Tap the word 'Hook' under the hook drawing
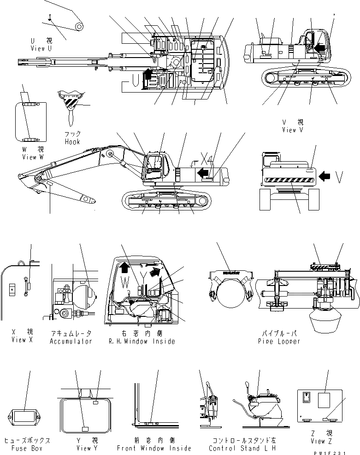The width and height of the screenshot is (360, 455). pyautogui.click(x=72, y=142)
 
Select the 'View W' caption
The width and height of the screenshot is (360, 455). pyautogui.click(x=35, y=157)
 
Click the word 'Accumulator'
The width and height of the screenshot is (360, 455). pyautogui.click(x=71, y=341)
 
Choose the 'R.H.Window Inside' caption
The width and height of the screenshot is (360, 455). pyautogui.click(x=142, y=341)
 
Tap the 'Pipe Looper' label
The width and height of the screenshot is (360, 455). pyautogui.click(x=279, y=341)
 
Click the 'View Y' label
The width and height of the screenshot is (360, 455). pyautogui.click(x=84, y=448)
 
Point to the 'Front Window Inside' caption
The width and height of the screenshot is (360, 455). pyautogui.click(x=154, y=448)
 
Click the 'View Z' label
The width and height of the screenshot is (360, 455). pyautogui.click(x=322, y=441)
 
